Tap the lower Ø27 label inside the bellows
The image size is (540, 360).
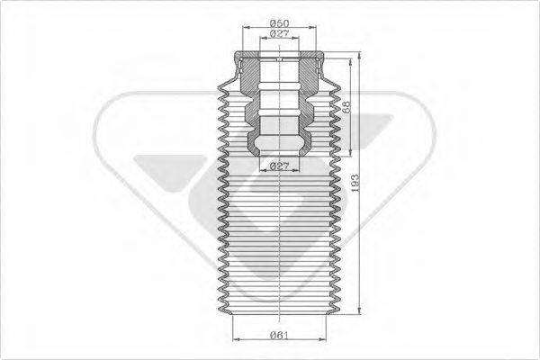click(x=278, y=166)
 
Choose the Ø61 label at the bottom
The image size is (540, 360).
click(x=278, y=337)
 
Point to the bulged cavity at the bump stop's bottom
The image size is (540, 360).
click(x=278, y=145)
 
